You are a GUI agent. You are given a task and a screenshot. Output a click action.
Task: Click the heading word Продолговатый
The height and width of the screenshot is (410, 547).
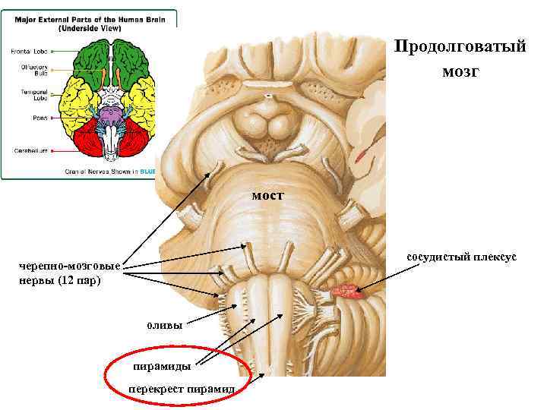[460, 47]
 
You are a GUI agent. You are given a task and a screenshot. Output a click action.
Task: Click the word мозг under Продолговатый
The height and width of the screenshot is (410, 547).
[460, 73]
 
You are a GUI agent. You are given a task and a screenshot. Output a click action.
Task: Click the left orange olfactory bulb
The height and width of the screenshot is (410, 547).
[103, 75]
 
